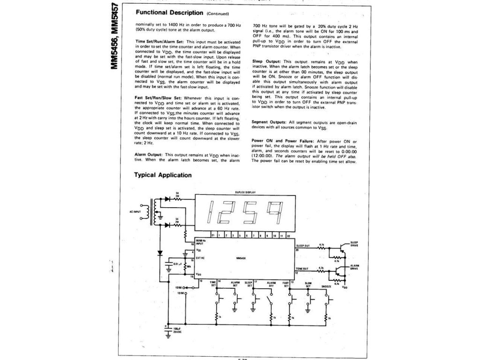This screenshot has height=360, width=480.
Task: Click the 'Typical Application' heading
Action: click(x=163, y=175)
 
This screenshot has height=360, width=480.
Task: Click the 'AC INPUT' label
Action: click(x=135, y=211)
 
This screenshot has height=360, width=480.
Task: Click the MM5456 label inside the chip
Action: click(x=242, y=256)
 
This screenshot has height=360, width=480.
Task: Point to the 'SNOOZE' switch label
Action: click(x=327, y=286)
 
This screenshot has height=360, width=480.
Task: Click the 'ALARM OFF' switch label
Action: click(x=271, y=284)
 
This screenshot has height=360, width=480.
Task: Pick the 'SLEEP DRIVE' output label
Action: click(x=355, y=244)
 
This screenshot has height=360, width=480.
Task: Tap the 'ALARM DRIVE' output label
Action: click(x=355, y=267)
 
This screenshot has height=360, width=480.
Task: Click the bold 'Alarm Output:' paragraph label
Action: click(x=149, y=154)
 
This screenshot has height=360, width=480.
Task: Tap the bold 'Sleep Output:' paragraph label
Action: click(x=266, y=62)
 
